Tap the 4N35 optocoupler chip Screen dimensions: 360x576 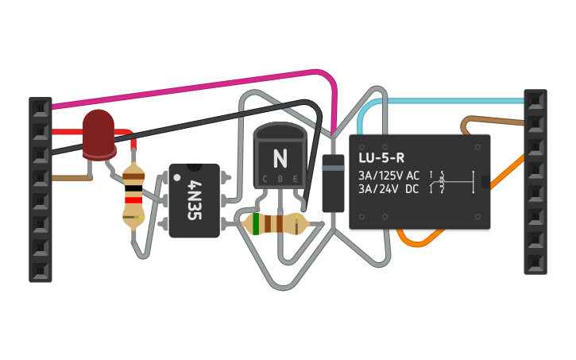click(x=194, y=200)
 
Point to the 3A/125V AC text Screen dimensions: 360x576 click(x=389, y=176)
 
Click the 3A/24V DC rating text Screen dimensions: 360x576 click(x=389, y=189)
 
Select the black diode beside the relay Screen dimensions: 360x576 click(x=333, y=183)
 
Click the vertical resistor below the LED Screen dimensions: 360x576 click(x=134, y=195)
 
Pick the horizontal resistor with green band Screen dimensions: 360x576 click(x=274, y=224)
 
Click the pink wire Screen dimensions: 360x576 click(x=199, y=87)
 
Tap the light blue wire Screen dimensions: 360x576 click(x=445, y=101)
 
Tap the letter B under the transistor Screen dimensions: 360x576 click(x=280, y=180)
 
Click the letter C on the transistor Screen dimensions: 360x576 click(x=265, y=180)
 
